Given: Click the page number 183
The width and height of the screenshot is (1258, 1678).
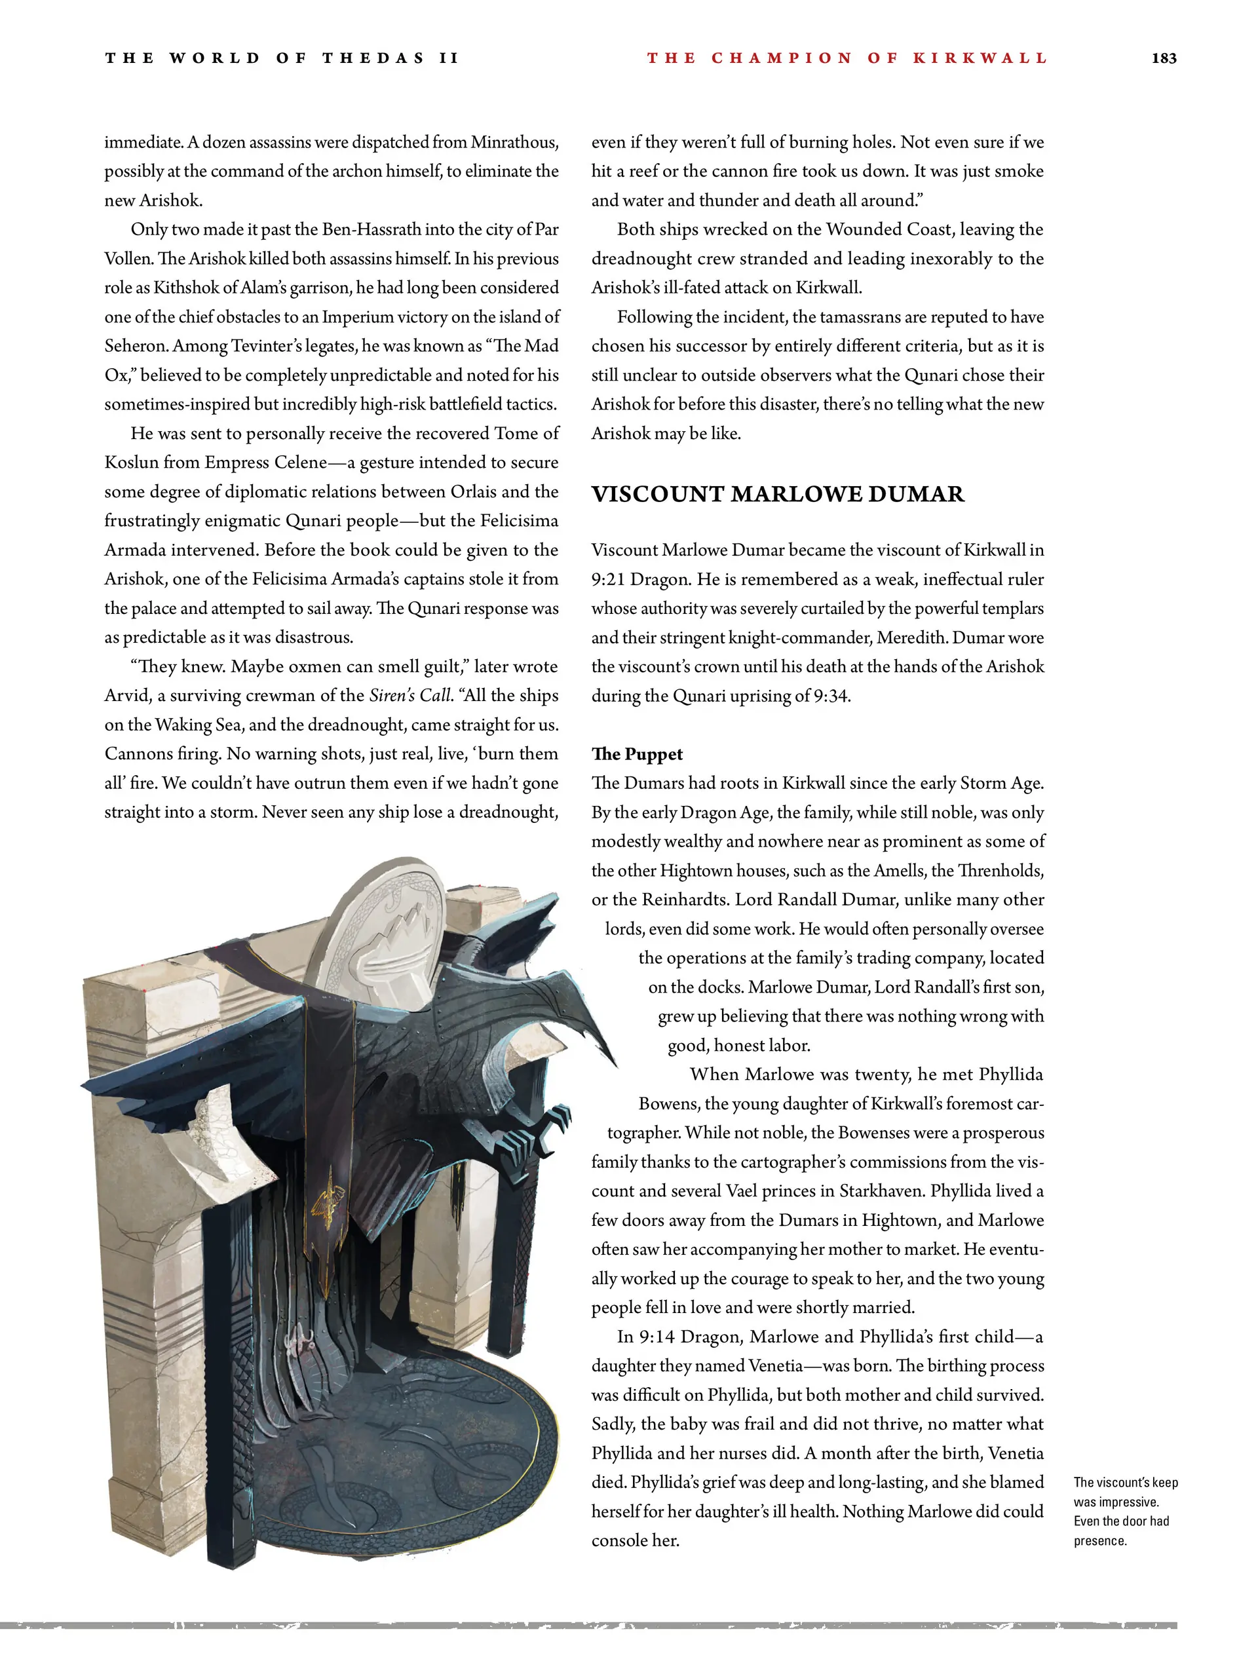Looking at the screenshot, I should point(1163,58).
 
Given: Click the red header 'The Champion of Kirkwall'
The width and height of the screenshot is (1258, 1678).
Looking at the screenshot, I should point(846,58).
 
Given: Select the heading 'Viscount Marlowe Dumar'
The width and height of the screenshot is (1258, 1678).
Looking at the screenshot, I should point(777,495).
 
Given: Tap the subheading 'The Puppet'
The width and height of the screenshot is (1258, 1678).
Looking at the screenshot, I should point(637,754).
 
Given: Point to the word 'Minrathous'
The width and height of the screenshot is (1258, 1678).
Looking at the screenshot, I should point(514,143).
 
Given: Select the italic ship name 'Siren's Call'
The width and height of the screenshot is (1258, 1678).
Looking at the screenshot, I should point(410,696).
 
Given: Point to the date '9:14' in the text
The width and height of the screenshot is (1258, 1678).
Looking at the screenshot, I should point(655,1337).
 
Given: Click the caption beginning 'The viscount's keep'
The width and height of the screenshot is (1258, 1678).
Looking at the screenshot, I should point(1124,1511).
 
